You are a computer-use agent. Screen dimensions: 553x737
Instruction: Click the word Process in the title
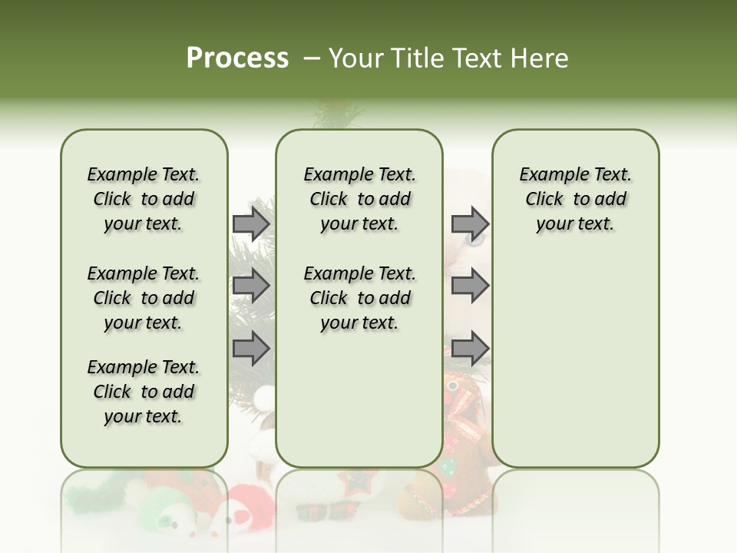pos(237,58)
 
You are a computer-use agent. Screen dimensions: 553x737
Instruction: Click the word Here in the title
pos(539,58)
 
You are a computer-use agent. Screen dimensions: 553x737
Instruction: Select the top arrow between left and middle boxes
pos(251,224)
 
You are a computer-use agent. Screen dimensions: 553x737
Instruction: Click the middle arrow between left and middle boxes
pos(251,286)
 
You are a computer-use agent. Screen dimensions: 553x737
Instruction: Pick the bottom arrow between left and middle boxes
pos(251,348)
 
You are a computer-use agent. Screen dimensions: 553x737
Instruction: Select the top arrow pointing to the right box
pos(470,224)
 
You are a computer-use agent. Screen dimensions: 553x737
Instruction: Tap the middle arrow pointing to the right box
pos(470,286)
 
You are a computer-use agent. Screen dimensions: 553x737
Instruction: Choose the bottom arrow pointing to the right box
pos(470,348)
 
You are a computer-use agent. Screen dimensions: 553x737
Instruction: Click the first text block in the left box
pos(144,199)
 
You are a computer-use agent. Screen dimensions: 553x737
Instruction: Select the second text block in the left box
pos(144,298)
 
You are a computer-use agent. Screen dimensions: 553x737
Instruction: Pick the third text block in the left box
pos(144,392)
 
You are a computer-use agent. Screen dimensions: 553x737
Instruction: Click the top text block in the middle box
pos(360,199)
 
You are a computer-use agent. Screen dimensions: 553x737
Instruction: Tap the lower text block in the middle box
pos(360,298)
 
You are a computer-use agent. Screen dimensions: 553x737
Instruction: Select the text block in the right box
pos(575,199)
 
